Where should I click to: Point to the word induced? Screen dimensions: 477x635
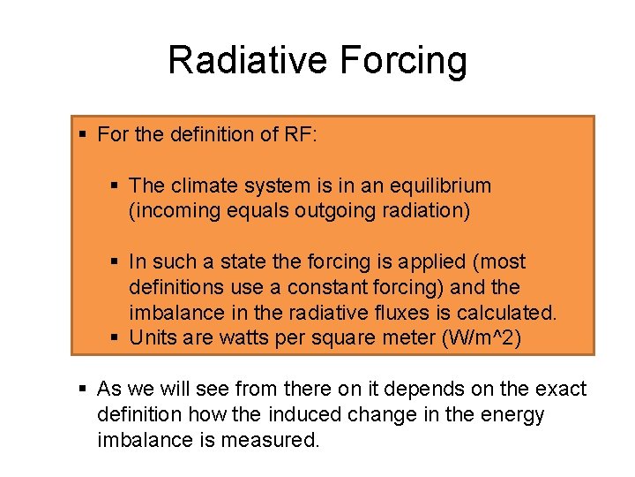pyautogui.click(x=274, y=415)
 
